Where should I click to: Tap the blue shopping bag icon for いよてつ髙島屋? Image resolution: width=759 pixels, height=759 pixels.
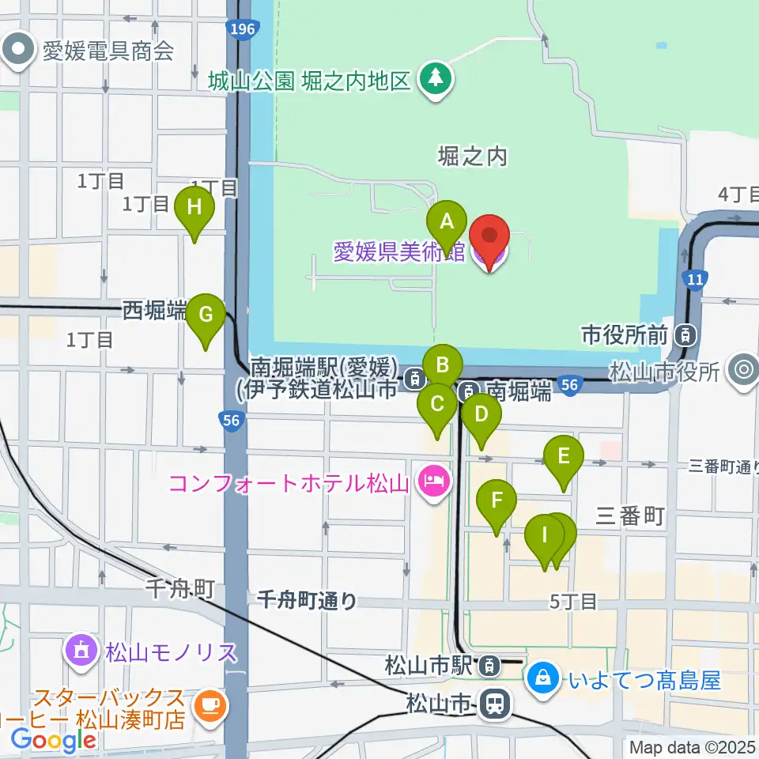point(544,678)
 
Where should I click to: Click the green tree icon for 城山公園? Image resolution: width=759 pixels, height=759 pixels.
point(435,78)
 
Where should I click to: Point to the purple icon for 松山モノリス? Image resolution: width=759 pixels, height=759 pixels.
point(81,652)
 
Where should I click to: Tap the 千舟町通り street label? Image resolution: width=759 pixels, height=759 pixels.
point(307,602)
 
